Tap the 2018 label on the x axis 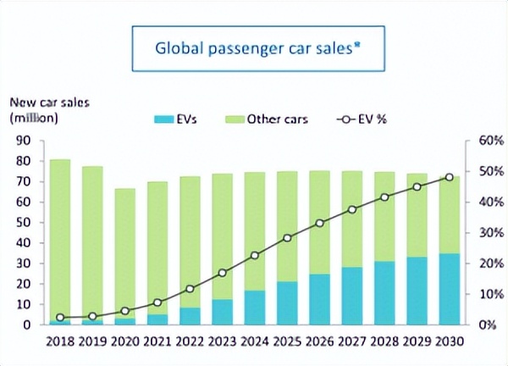click(60, 342)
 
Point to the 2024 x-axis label click(255, 342)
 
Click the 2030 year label click(450, 342)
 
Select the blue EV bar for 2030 click(450, 289)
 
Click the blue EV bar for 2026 click(320, 299)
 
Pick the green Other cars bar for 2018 click(60, 237)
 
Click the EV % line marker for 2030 click(450, 177)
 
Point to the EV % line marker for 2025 click(287, 238)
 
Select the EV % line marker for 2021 click(157, 302)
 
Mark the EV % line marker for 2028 click(384, 197)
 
